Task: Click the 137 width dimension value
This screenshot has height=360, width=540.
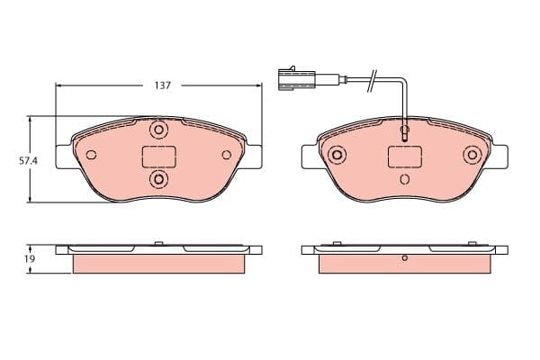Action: click(162, 85)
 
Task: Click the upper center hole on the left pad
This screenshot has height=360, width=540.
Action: click(159, 130)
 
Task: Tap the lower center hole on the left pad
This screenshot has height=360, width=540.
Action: click(159, 181)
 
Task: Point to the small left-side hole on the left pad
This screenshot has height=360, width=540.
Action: click(91, 156)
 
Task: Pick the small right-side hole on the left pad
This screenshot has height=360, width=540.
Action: click(227, 156)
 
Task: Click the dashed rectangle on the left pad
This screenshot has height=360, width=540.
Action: click(159, 157)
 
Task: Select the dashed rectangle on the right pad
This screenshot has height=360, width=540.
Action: click(404, 157)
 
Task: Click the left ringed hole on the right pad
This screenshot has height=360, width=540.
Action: click(337, 156)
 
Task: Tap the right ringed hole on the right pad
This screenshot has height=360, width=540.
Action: click(471, 156)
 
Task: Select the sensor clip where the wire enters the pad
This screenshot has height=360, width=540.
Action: click(405, 133)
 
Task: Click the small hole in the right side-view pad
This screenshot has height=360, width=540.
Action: click(405, 259)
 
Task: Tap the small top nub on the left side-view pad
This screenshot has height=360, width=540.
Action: click(159, 242)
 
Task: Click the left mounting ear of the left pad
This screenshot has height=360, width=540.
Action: click(63, 155)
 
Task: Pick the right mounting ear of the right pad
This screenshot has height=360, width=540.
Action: click(499, 155)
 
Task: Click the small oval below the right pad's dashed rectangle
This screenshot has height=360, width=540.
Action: click(404, 178)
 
